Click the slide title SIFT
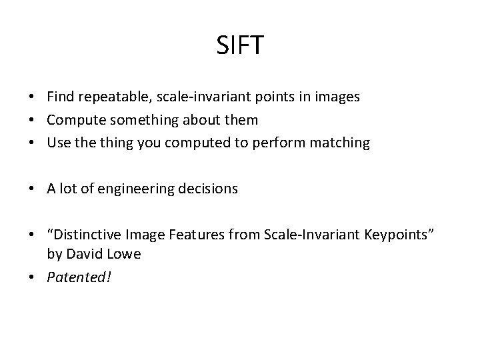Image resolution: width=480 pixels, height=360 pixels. (x=240, y=46)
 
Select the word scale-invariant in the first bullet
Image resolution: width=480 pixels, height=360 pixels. (x=191, y=97)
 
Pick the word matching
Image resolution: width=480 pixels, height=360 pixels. (x=340, y=143)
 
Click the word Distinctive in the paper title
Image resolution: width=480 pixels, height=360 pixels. (x=83, y=235)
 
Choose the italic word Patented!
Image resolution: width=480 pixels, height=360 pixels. (x=79, y=277)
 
